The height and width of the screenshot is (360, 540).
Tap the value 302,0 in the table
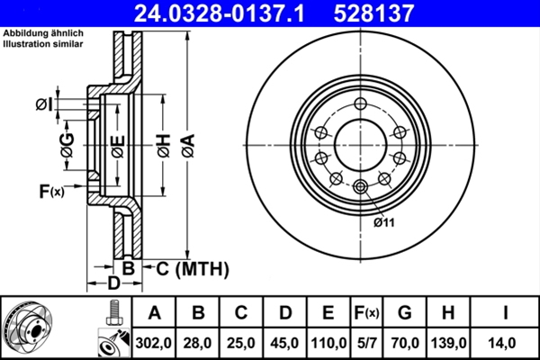point(154,342)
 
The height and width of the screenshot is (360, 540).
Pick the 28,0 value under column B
point(198,342)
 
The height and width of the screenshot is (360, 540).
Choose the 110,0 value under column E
point(328,342)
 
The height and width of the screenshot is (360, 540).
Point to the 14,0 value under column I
point(507,342)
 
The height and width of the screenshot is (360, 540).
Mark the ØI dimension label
point(44,106)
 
